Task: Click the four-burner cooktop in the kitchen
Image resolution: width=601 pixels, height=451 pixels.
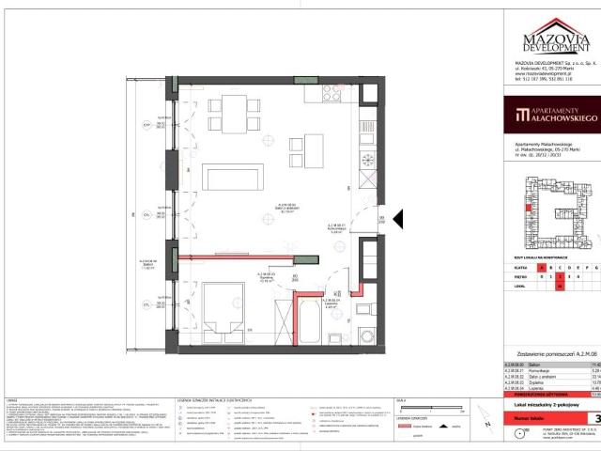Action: (334, 94)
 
